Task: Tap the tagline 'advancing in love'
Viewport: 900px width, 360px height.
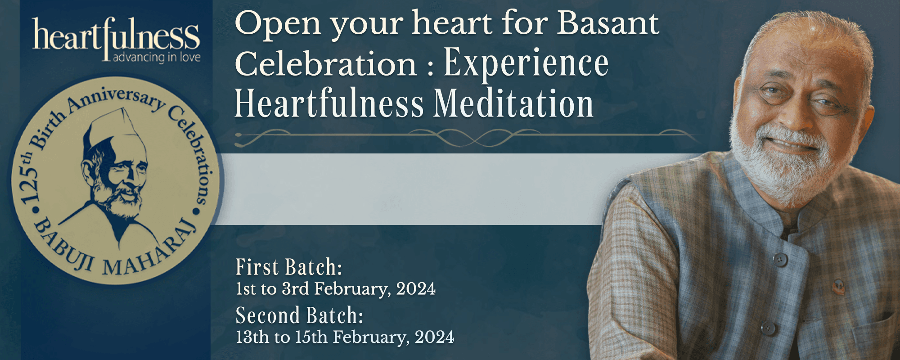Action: point(157,57)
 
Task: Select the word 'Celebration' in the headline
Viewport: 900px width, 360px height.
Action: point(326,64)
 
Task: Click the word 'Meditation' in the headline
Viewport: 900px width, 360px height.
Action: point(513,104)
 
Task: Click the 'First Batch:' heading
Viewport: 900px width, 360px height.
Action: point(289,267)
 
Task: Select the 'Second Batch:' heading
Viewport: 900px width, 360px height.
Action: point(299,315)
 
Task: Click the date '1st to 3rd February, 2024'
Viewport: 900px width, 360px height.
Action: point(336,289)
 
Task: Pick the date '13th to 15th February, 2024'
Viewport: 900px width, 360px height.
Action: point(345,337)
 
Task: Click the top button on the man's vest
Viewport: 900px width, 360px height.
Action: point(780,259)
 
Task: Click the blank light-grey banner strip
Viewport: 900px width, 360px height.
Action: point(405,189)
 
